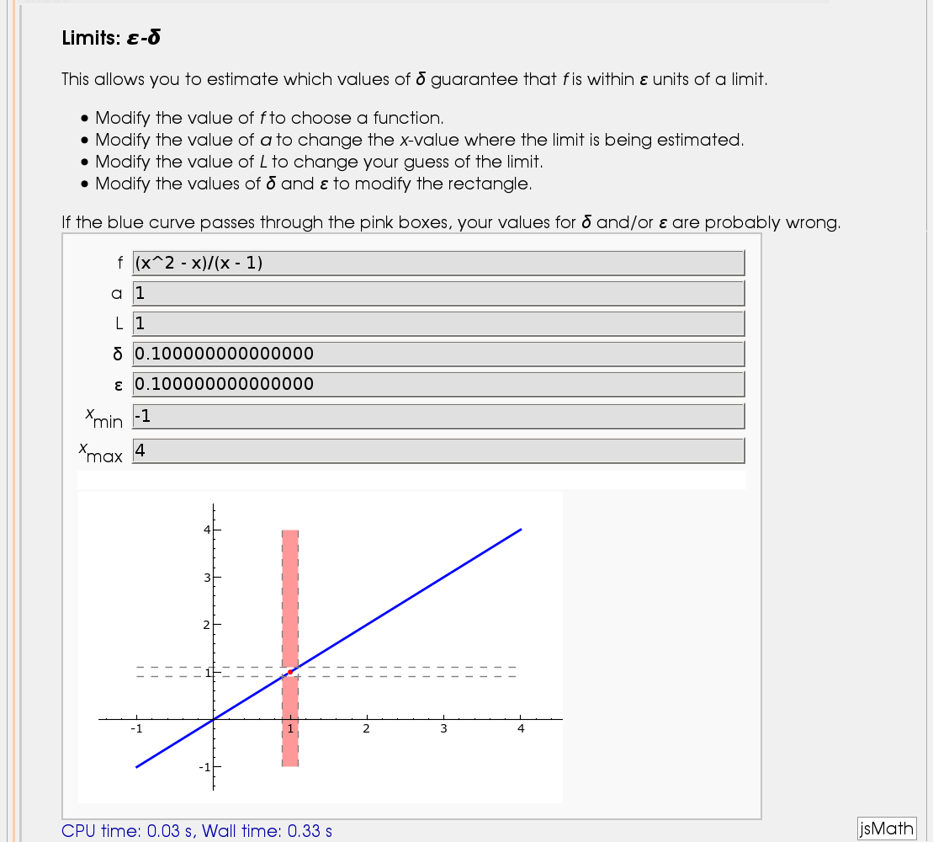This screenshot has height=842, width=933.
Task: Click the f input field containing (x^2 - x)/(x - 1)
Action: [x=437, y=263]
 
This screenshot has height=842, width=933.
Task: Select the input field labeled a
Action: [x=437, y=293]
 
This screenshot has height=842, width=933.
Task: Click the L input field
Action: [x=437, y=323]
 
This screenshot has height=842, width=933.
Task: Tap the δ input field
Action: [x=437, y=354]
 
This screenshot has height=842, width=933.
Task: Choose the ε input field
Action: [x=437, y=384]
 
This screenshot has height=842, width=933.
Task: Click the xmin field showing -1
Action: [x=437, y=416]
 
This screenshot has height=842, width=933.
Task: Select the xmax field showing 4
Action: [x=437, y=450]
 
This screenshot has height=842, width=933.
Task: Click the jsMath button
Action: [x=886, y=829]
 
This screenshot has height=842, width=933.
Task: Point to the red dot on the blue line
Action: [x=290, y=672]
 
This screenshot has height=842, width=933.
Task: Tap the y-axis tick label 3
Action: [x=204, y=578]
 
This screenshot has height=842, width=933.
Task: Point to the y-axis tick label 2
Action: [x=204, y=625]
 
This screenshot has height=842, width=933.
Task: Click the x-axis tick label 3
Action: [x=443, y=730]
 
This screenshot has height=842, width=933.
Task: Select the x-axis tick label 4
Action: [x=520, y=730]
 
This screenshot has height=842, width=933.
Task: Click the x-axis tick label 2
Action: [x=366, y=730]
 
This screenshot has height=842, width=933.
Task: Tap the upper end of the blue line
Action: [x=521, y=530]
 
